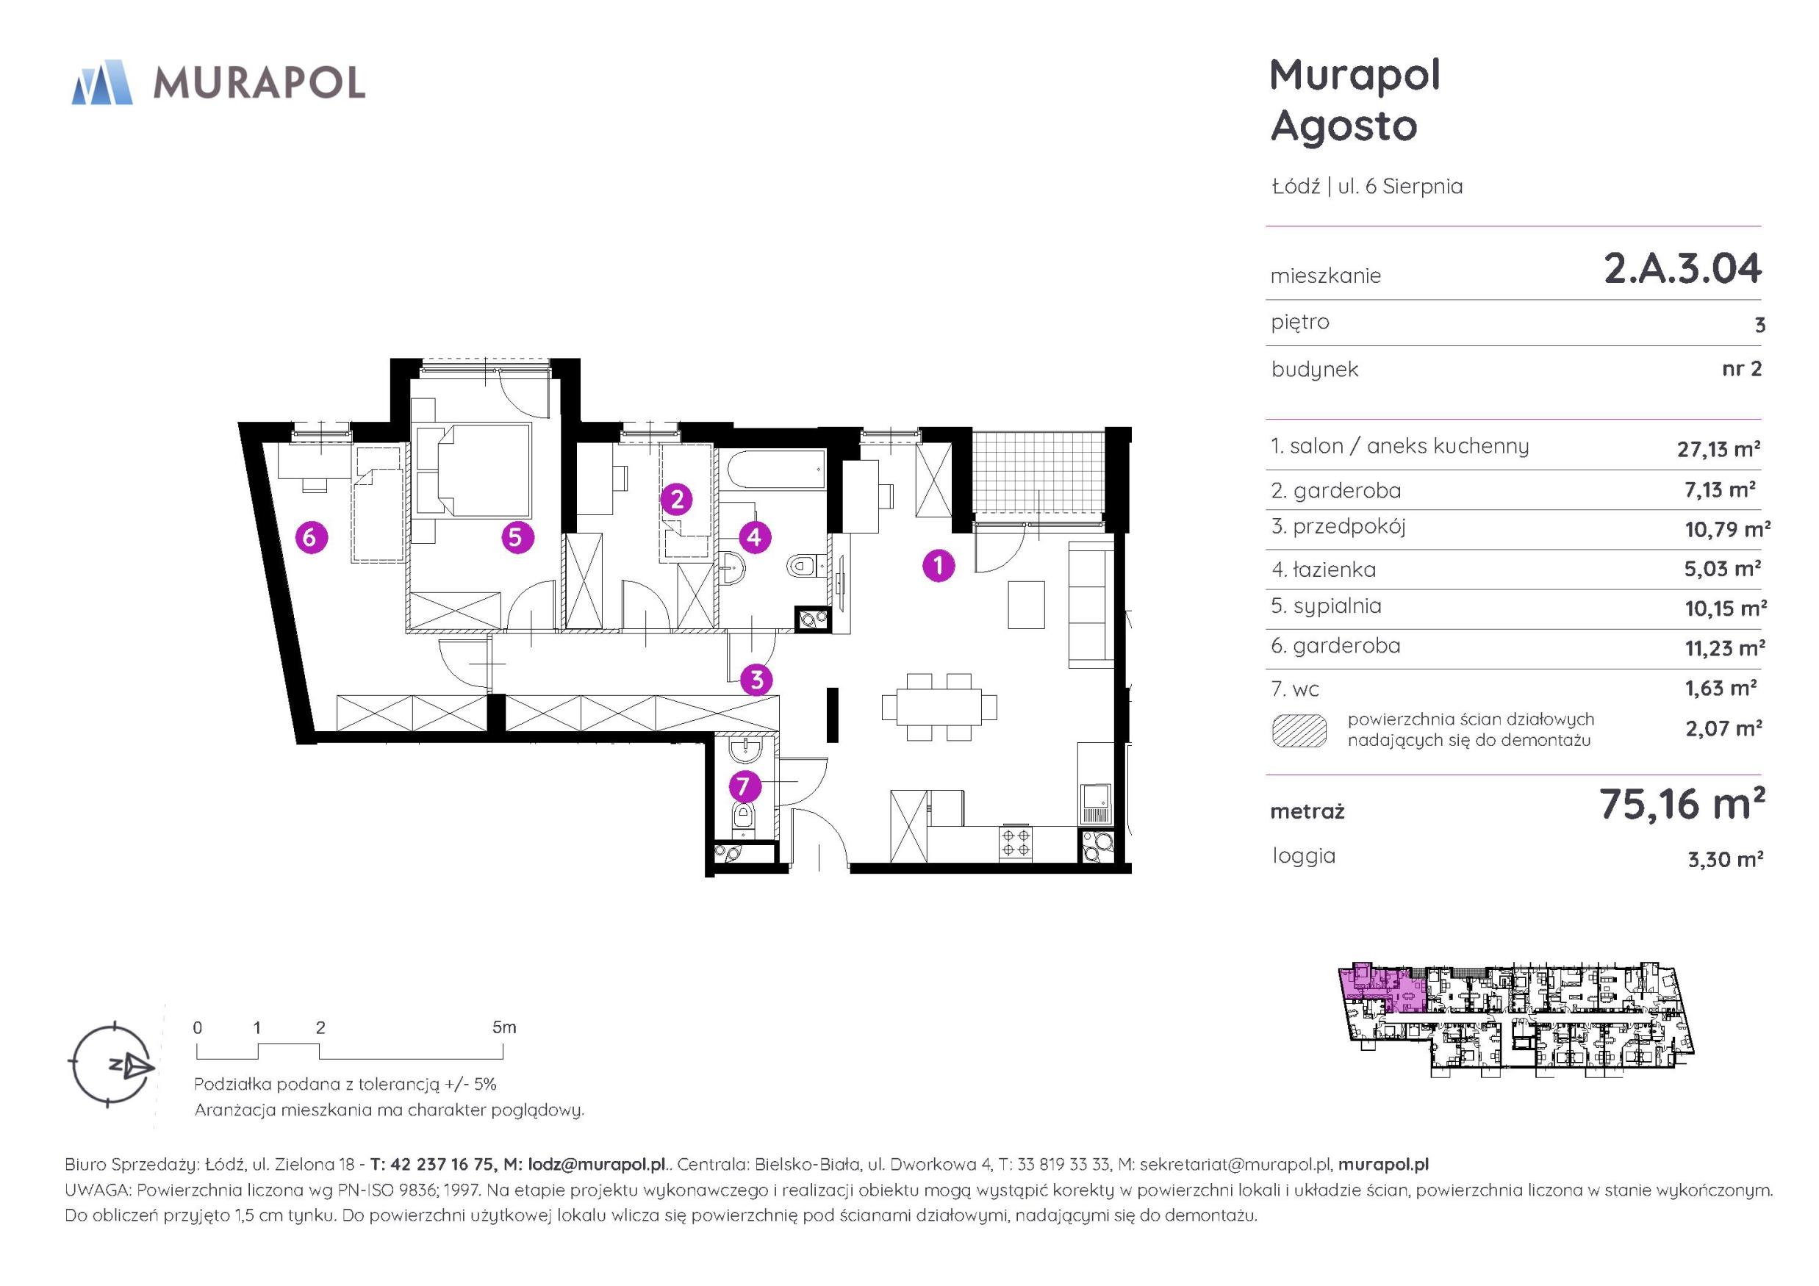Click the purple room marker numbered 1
point(939,566)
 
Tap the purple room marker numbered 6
point(311,537)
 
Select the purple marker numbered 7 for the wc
point(742,787)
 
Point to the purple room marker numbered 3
point(756,679)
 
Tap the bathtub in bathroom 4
point(775,473)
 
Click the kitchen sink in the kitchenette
point(1096,804)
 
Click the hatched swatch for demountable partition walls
point(1299,730)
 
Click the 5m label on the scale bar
point(504,1027)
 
